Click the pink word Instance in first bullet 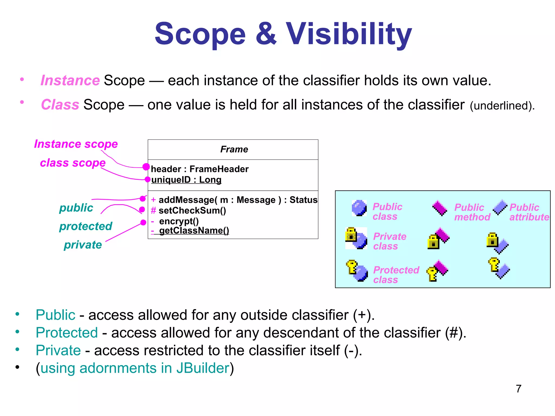click(70, 80)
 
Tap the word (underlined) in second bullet click(502, 106)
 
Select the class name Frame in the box click(234, 149)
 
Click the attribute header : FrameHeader click(199, 169)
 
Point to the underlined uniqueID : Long click(186, 180)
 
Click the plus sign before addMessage click(153, 200)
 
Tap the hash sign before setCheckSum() click(153, 210)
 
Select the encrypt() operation click(179, 221)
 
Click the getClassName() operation click(194, 230)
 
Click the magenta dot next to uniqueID click(147, 179)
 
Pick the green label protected click(86, 226)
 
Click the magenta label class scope click(73, 163)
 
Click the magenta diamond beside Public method click(440, 208)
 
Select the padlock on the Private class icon click(351, 234)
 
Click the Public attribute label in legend click(529, 212)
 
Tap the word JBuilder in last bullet click(203, 368)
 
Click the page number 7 click(518, 389)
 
